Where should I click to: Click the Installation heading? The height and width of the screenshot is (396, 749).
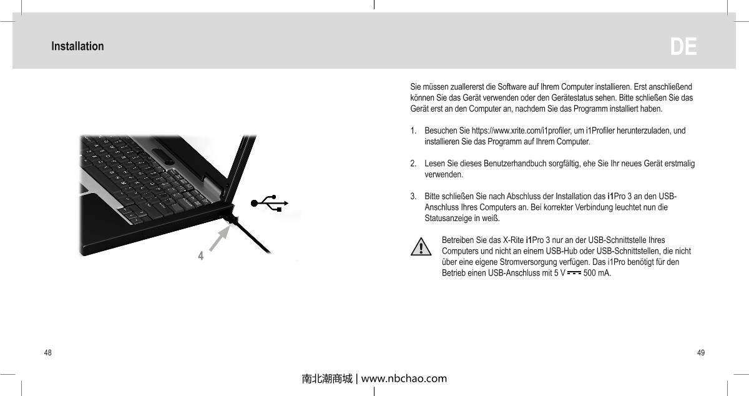[77, 46]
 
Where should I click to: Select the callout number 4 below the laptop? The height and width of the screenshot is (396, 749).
[200, 255]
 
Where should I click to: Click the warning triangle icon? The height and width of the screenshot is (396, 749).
[422, 247]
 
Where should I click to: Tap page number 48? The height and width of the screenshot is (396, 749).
[47, 353]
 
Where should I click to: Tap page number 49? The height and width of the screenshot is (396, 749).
[701, 353]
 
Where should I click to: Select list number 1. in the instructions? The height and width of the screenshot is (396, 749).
[414, 131]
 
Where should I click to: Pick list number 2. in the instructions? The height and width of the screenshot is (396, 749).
[414, 164]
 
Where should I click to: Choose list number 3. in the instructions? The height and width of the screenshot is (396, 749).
[414, 197]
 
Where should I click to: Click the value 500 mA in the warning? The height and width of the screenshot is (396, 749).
[597, 273]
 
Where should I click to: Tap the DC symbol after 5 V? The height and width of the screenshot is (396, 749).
[573, 273]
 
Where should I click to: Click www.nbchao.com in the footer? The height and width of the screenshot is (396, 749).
[404, 379]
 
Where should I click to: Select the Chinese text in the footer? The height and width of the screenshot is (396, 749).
[326, 379]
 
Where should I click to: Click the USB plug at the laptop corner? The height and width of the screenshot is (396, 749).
[232, 217]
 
